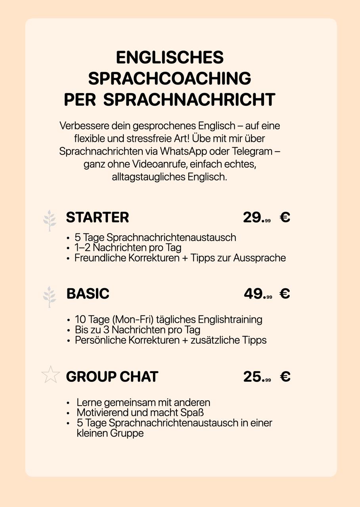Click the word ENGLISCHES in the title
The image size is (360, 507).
170,57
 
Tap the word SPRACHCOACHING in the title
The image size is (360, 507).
170,78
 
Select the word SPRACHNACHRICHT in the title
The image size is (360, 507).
189,99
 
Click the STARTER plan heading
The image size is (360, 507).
97,217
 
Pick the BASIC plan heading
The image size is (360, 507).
88,294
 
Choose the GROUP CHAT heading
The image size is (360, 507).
112,377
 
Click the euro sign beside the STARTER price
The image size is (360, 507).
285,217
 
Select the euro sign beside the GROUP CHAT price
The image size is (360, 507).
285,377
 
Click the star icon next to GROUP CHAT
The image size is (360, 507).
50,375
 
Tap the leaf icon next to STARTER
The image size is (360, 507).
50,220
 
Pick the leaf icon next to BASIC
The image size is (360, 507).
50,297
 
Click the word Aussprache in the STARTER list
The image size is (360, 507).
259,258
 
